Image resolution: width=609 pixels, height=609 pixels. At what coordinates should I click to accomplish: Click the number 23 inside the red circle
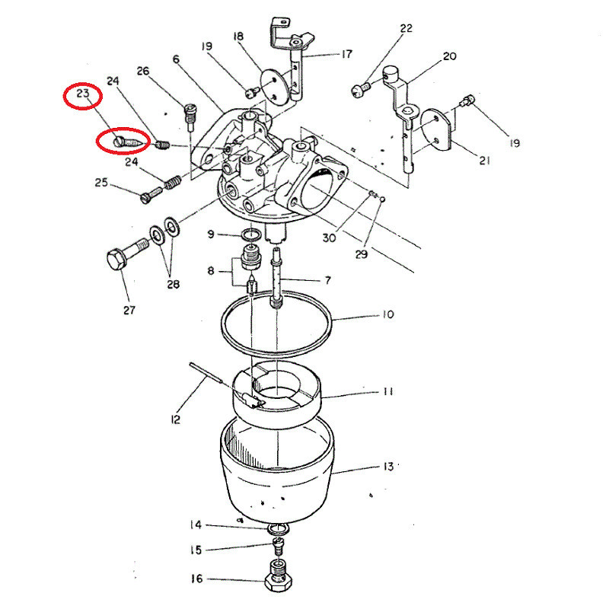pos(83,94)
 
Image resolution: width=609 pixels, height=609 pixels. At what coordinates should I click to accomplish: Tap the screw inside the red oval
pos(129,142)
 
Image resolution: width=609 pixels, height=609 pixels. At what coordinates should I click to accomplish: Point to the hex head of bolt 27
pos(116,259)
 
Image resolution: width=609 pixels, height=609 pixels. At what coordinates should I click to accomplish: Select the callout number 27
pos(129,310)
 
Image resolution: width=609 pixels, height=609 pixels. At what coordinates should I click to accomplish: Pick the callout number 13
pos(388,466)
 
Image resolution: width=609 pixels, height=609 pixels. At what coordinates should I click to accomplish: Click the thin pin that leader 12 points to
pos(206,373)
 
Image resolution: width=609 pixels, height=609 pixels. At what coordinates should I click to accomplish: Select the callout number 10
pos(388,314)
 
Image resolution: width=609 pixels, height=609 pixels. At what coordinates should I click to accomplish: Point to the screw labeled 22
pos(361,90)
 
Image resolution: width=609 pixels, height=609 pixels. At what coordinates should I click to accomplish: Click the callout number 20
pos(449,56)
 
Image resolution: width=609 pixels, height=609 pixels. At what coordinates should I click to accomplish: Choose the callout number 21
pos(484,161)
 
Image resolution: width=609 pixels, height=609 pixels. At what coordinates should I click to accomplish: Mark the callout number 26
pos(143,71)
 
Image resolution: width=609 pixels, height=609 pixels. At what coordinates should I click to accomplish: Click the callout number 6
pos(177,59)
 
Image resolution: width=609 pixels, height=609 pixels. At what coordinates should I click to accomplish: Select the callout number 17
pos(347,54)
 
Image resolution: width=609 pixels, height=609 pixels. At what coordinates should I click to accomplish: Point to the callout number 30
pos(329,238)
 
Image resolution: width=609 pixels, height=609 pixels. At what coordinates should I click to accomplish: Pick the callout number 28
pos(174,284)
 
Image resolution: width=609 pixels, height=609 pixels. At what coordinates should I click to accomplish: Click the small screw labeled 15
pos(279,545)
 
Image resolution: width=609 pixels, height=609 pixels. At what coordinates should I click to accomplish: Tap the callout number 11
pos(388,391)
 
